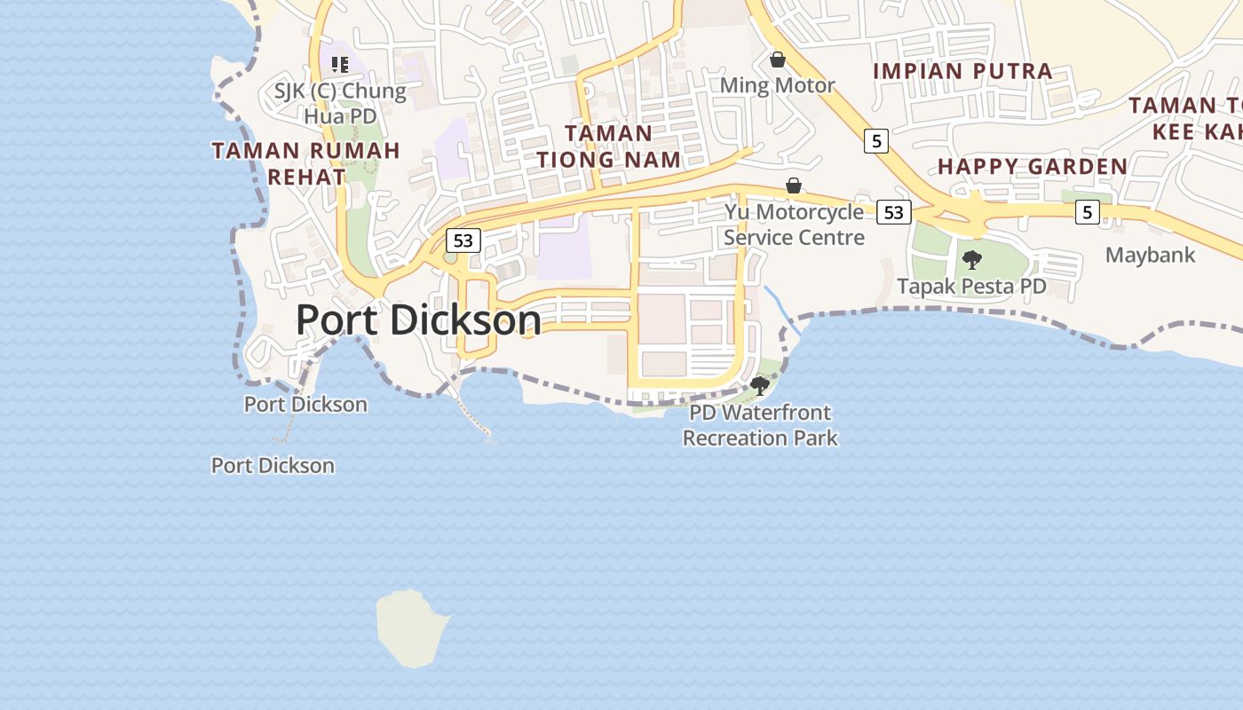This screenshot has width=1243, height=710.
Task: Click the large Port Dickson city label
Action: coord(418,319)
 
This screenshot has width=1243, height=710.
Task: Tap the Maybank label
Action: coord(1150,256)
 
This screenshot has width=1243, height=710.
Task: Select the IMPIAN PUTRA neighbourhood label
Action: coord(962,71)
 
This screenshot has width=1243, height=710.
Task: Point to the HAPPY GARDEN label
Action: coord(1033,166)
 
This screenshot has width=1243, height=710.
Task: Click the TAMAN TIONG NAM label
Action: coord(608,146)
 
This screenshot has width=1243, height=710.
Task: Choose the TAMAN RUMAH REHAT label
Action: coord(306,163)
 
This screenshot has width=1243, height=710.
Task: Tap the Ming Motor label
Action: coord(777,86)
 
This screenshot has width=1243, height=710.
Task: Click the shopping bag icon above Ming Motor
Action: coord(778,59)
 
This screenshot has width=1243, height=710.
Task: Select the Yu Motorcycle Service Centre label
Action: coord(794,225)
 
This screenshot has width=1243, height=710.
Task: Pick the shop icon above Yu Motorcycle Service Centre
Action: coord(794,185)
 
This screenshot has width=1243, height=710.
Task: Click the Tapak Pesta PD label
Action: coord(971,287)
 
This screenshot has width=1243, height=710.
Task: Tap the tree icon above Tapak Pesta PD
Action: coord(972,260)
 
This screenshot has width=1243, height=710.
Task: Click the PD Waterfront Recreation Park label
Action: coord(760,425)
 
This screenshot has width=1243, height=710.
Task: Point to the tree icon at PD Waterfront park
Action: coord(759,385)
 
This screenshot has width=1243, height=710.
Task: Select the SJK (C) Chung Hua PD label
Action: coord(340,103)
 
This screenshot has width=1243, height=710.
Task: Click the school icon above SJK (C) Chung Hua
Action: coord(339,64)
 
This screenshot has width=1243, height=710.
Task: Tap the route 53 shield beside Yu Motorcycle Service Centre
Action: coord(893,212)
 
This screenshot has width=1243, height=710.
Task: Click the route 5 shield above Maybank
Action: coord(1087,212)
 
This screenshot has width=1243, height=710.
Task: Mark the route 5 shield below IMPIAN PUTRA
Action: coord(876,140)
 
